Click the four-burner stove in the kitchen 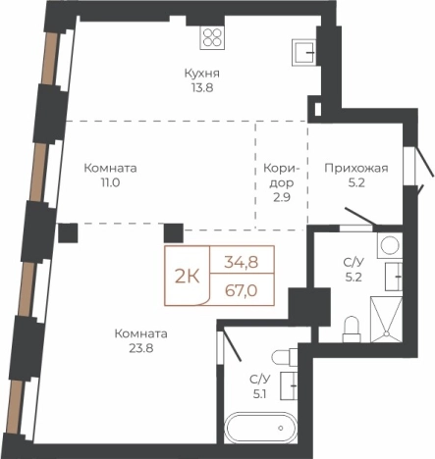coord(213,38)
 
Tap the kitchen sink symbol coord(304,49)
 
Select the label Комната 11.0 coord(109,176)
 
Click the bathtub coord(259,429)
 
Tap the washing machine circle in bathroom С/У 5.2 coord(388,245)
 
